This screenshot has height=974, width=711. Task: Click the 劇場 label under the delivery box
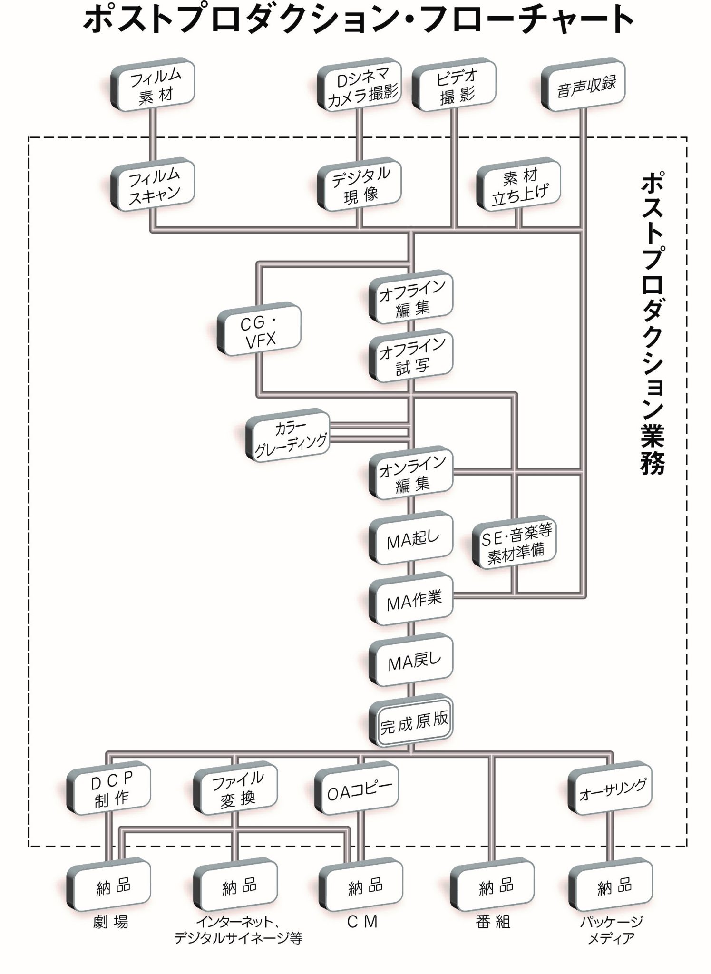click(x=110, y=922)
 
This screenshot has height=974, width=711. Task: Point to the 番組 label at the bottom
click(x=493, y=922)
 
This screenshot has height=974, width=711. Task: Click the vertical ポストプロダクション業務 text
click(x=652, y=323)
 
